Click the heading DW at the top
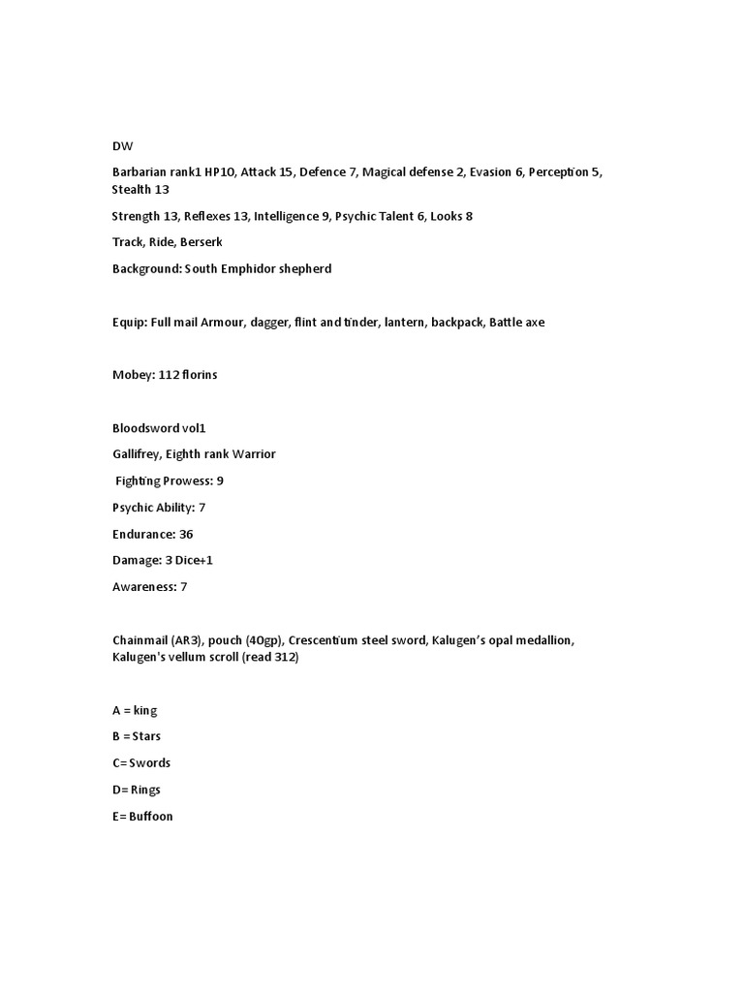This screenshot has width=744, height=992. tap(122, 145)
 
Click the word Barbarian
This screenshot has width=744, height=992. tap(141, 171)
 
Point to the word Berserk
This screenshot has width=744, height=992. tap(201, 242)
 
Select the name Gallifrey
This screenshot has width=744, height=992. tap(137, 454)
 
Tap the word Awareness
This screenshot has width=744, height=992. tap(143, 586)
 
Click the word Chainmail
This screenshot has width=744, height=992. tap(143, 640)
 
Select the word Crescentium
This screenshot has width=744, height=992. tap(303, 640)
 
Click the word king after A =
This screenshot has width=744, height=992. tap(145, 710)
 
